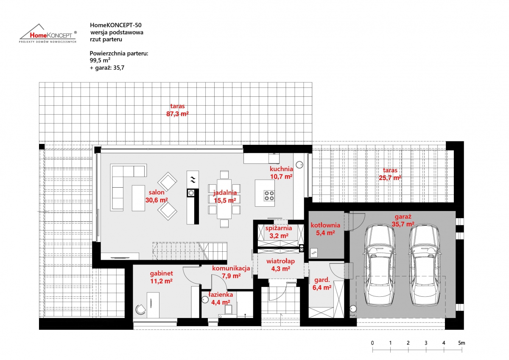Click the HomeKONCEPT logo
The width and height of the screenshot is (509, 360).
[x=48, y=34]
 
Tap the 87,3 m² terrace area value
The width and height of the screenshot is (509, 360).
[x=177, y=114]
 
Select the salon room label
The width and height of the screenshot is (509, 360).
[x=157, y=192]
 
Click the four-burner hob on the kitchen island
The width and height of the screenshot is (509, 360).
[x=269, y=196]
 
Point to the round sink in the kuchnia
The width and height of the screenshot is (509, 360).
[x=299, y=165]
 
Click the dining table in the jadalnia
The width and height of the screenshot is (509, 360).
[x=224, y=199]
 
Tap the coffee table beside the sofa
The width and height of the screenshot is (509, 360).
[x=138, y=198]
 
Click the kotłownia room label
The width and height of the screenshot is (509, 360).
[x=325, y=225]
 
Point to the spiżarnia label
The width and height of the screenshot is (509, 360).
[x=279, y=228]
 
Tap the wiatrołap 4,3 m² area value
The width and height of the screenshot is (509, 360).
[x=281, y=269]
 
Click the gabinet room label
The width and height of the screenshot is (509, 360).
[x=161, y=273]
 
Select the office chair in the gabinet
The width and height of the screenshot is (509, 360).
[x=140, y=309]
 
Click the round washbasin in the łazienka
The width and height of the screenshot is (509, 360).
[x=205, y=300]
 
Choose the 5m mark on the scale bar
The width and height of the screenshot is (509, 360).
[x=461, y=343]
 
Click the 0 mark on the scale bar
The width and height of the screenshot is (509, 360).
[x=372, y=343]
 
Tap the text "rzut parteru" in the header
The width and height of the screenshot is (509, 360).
[x=106, y=39]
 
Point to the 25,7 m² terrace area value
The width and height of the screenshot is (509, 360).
[x=390, y=177]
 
